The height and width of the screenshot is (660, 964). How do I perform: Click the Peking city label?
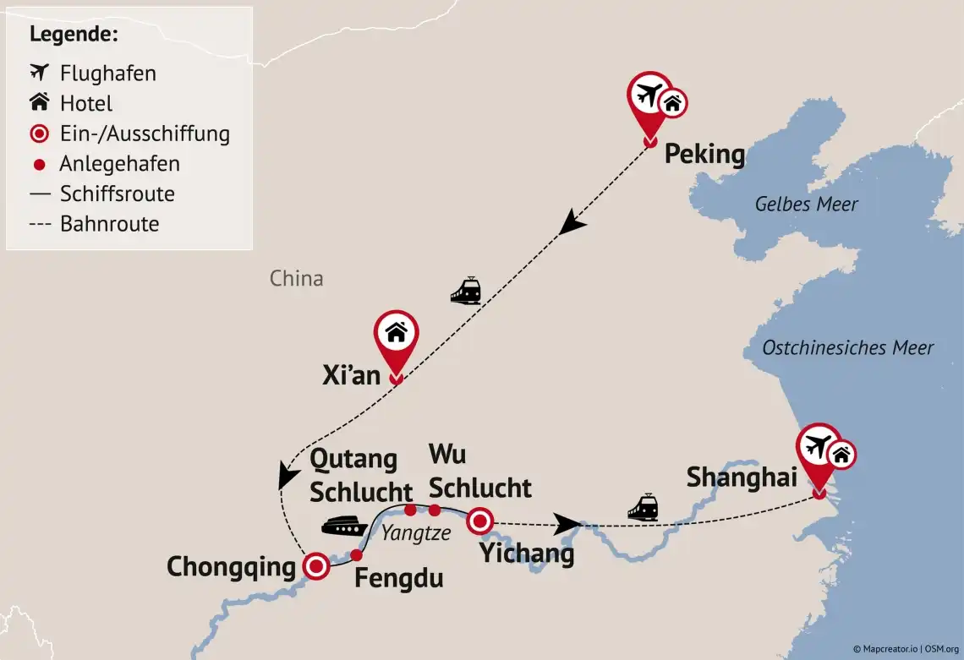tap(704, 155)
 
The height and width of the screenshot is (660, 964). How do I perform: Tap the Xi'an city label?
tap(352, 375)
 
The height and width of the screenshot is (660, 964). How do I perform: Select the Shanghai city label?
tap(742, 477)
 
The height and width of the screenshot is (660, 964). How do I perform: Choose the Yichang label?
tap(526, 554)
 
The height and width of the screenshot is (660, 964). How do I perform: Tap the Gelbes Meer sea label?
tap(806, 204)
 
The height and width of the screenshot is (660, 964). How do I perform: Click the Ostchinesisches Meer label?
tap(847, 347)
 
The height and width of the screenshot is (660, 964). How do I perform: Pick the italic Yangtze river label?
tap(415, 533)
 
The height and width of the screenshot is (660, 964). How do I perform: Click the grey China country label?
tap(296, 278)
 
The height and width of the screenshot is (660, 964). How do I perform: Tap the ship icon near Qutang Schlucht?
tap(343, 526)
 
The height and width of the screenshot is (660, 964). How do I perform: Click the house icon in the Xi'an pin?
tap(396, 332)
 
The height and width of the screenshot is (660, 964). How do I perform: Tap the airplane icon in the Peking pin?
tap(647, 92)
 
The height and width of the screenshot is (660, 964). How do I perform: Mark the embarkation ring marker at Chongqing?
tap(316, 566)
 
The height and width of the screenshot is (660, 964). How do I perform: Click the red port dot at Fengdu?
tap(356, 555)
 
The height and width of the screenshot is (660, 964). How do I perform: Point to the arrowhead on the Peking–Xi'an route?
tap(574, 225)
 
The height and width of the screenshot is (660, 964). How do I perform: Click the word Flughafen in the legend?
tap(107, 74)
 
